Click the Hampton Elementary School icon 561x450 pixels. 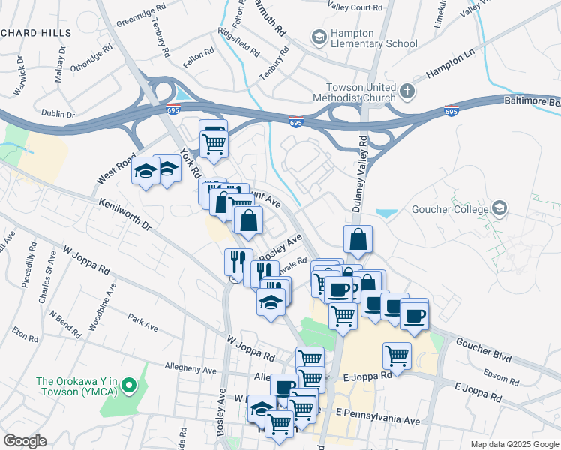point(319,37)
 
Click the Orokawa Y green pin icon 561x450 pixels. point(128,387)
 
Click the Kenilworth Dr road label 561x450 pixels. point(124,214)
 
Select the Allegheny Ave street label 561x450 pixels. point(190,370)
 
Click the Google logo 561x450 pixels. point(25,441)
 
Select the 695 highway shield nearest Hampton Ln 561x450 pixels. point(451,111)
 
